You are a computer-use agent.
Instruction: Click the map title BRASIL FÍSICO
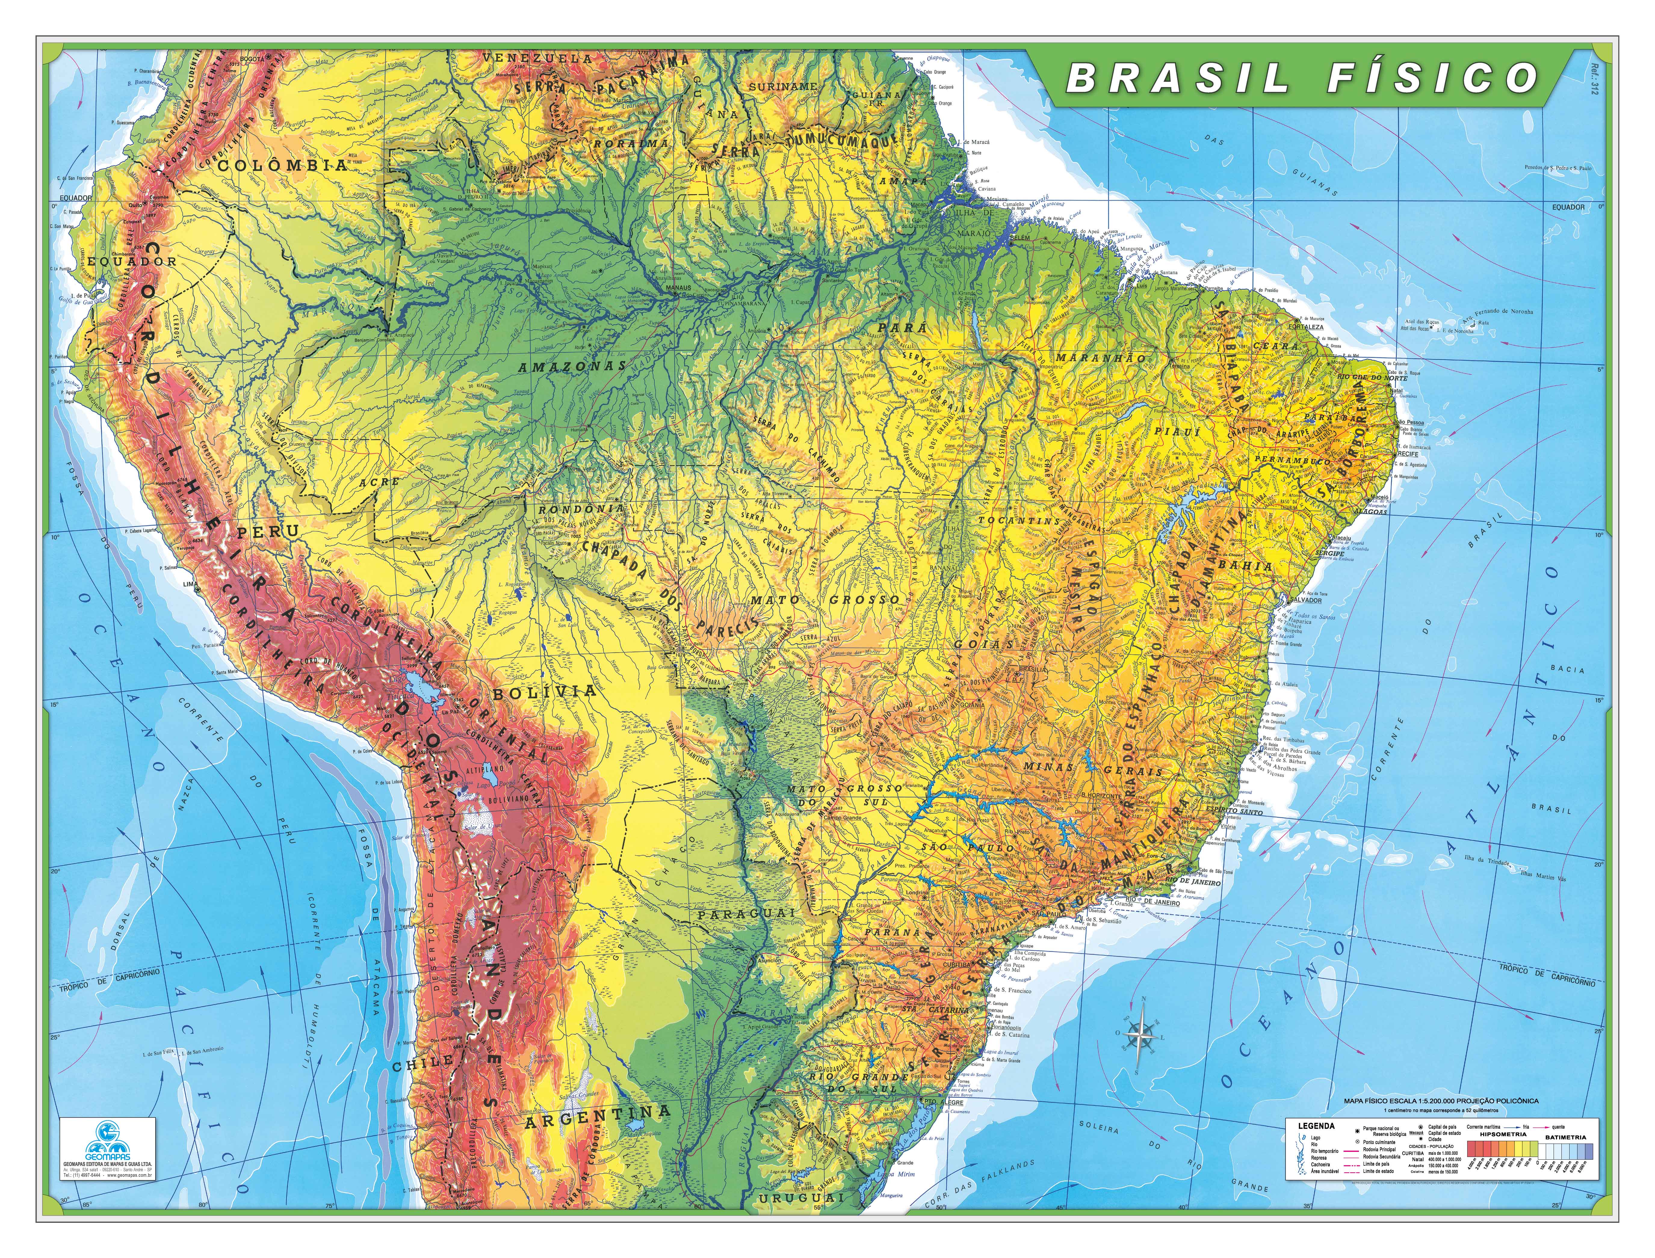[x=1302, y=78]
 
